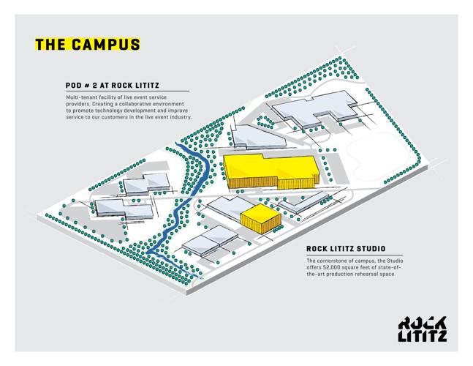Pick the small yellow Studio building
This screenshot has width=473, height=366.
coord(260,217)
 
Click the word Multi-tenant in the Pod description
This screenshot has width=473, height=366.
coord(84,98)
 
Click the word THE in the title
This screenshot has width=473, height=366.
coord(51,44)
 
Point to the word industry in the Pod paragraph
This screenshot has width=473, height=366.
coord(178,117)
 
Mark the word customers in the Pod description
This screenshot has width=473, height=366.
coord(111,117)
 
